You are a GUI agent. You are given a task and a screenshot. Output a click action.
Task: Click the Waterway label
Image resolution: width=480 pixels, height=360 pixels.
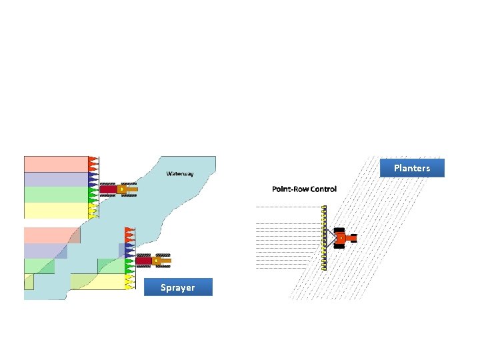point(180,174)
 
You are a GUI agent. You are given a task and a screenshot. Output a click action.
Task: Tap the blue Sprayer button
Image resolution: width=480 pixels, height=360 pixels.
point(178,287)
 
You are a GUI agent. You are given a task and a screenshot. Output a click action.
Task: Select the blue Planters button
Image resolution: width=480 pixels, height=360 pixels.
point(412,168)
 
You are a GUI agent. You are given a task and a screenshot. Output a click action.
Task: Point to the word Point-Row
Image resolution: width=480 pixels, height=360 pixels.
point(290,189)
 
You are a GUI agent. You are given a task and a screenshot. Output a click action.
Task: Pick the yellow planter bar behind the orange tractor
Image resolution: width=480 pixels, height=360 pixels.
point(324,238)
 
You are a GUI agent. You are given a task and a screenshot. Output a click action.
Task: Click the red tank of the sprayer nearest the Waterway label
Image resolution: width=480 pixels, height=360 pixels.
point(109,189)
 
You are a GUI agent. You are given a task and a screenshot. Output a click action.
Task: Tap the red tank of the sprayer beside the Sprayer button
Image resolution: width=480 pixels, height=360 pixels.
point(144,261)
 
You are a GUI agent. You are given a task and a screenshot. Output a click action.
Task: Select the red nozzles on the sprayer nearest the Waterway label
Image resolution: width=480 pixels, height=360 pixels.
point(93,165)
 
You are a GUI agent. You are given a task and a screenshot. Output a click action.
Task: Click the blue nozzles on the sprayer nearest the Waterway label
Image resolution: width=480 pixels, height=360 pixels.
point(93,180)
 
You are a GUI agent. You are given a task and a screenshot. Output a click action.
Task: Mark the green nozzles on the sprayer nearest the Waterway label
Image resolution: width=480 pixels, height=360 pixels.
point(93,195)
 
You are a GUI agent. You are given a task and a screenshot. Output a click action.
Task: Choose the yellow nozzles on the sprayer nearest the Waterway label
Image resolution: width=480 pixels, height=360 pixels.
point(93,211)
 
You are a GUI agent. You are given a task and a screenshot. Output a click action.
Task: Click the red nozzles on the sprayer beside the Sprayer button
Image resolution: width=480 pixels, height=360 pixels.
point(130,235)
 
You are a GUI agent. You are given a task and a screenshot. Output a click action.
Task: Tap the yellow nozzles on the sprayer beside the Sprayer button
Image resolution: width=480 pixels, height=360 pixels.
point(130,281)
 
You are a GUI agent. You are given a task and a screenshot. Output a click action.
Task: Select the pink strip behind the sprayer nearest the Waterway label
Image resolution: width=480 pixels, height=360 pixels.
point(56,165)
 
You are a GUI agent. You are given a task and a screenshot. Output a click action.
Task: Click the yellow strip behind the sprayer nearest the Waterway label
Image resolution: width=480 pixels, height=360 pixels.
point(56,211)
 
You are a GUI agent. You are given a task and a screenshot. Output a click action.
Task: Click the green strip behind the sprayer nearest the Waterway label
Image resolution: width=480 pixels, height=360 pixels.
point(56,195)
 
